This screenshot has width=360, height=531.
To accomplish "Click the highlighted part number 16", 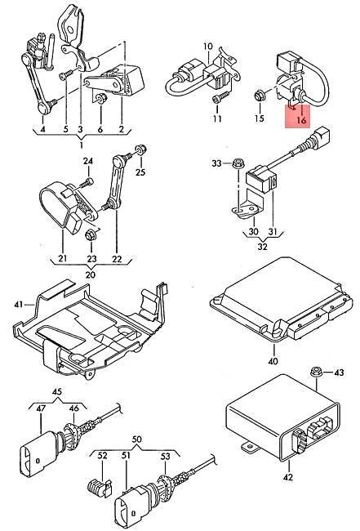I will point(300,120).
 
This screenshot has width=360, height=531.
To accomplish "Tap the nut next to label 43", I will point(315,373).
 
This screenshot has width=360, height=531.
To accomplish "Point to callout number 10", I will point(207,46).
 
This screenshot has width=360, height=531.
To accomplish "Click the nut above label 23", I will point(91,235).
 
